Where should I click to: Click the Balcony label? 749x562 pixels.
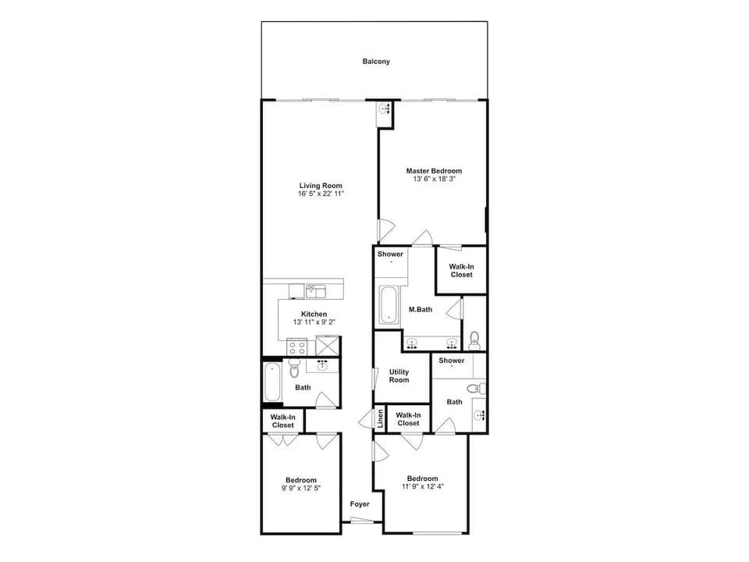pos(375,62)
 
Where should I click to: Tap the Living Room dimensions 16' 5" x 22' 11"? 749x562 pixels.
pos(321,194)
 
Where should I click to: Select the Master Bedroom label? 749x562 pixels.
pos(433,171)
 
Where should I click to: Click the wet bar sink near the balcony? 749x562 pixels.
pos(384,110)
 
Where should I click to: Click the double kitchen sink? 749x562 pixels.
pos(315,291)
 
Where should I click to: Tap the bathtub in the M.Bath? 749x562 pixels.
pos(388,305)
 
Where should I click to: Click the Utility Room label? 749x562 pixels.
pos(399,376)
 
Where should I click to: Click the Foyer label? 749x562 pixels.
pos(359,504)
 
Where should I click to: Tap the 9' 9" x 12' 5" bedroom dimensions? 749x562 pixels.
pos(300,488)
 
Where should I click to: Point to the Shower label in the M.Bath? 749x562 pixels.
pos(390,254)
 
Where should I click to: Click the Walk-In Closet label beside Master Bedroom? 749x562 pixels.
pos(460,271)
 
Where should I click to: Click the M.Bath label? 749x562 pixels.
pos(421,310)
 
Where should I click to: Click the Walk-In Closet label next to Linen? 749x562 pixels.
pos(408,419)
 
